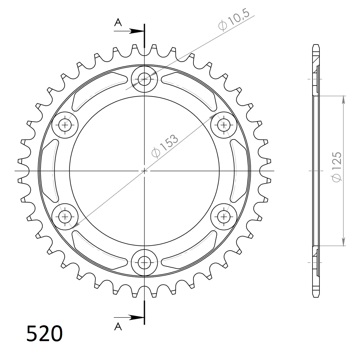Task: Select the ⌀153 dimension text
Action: pos(165,146)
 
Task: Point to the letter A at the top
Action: pos(118,22)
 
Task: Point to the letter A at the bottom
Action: pos(118,326)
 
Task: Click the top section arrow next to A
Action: pos(136,31)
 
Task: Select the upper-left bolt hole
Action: pos(65,125)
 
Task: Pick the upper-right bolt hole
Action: pos(224,125)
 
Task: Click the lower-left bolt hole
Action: pos(65,217)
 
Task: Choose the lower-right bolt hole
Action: pos(224,217)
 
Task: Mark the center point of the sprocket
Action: pos(144,171)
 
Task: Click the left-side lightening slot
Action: pos(49,171)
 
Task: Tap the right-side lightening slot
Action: pos(240,171)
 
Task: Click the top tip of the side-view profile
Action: pos(316,45)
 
